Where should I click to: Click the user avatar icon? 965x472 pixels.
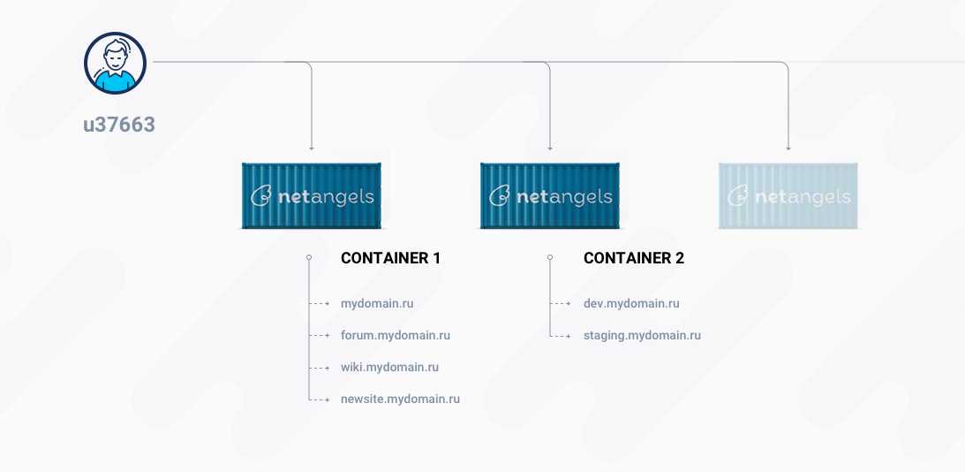(x=115, y=63)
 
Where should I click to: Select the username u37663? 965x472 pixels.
(x=119, y=126)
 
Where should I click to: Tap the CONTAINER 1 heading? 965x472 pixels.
(x=391, y=258)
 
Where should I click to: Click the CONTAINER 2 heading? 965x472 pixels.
(x=634, y=258)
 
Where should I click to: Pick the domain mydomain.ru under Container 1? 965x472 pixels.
(x=377, y=304)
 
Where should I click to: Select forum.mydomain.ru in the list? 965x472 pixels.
(x=396, y=336)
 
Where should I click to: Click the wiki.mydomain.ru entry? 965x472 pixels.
(x=389, y=368)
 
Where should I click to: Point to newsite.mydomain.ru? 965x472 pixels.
(x=400, y=400)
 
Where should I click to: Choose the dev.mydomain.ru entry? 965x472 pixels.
(x=631, y=304)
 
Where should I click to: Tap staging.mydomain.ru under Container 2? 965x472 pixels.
(x=642, y=336)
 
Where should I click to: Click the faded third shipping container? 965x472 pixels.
(x=788, y=196)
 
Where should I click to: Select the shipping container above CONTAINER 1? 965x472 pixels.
(x=312, y=196)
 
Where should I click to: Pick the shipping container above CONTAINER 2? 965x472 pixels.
(x=549, y=196)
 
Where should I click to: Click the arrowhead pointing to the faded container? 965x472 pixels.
(x=788, y=148)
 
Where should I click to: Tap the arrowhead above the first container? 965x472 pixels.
(x=312, y=148)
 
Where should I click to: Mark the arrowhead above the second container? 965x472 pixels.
(x=549, y=148)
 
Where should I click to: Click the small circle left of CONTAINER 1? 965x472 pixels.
(x=309, y=257)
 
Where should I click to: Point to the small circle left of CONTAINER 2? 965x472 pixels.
(x=550, y=257)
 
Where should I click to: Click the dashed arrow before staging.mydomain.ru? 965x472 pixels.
(x=562, y=336)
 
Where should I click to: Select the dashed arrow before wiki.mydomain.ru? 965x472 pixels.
(x=320, y=368)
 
